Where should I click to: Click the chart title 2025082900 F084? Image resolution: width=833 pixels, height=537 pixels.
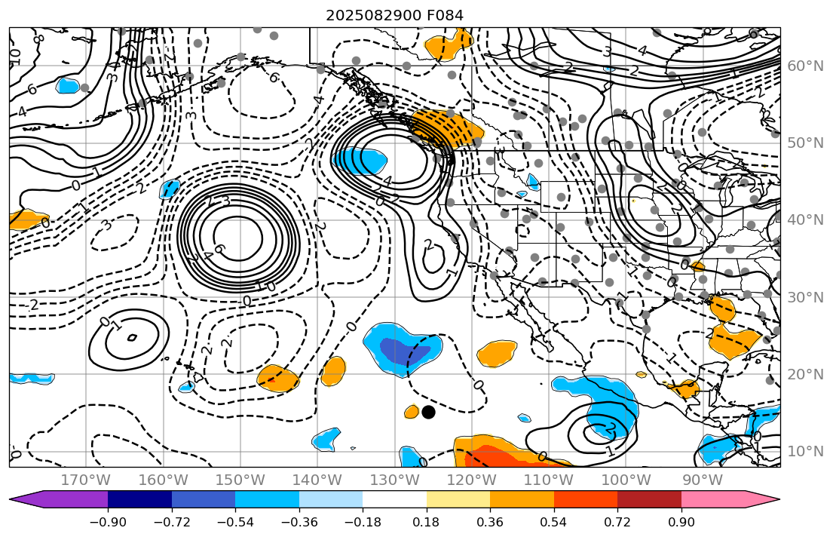tap(394, 15)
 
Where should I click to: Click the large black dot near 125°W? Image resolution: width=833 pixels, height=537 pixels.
tap(428, 412)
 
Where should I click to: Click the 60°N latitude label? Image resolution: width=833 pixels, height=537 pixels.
tap(805, 66)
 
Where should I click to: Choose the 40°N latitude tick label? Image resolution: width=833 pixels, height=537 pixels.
tap(805, 219)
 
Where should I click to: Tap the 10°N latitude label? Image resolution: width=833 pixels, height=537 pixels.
tap(805, 451)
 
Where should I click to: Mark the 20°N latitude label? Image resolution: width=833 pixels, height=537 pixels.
tap(805, 374)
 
